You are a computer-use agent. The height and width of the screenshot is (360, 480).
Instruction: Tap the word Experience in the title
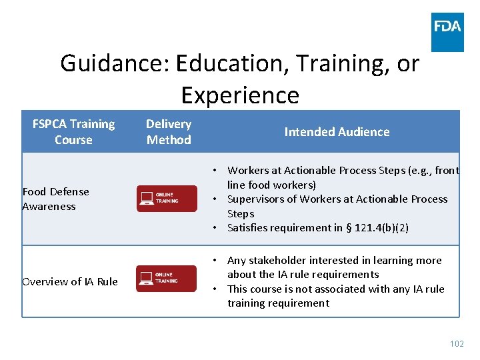click(240, 95)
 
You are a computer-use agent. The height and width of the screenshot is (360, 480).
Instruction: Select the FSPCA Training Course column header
click(73, 132)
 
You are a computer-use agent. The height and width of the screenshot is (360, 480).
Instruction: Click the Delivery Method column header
click(169, 132)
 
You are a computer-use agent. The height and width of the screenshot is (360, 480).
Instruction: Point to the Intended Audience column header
click(337, 132)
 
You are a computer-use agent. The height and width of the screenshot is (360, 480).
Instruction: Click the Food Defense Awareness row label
click(55, 199)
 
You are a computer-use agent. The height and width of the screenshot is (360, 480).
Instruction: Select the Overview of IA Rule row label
click(69, 281)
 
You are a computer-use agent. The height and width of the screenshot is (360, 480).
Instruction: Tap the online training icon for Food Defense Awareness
click(167, 199)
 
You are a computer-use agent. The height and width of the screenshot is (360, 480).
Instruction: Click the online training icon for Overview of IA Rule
click(167, 279)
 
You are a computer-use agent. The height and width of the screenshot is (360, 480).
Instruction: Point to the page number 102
click(457, 344)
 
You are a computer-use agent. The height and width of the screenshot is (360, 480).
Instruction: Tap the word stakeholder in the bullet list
click(279, 261)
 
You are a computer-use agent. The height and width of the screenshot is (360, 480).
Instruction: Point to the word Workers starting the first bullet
click(248, 171)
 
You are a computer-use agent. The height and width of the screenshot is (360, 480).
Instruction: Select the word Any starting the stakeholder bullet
click(237, 261)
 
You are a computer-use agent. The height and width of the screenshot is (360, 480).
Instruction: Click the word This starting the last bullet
click(239, 289)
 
